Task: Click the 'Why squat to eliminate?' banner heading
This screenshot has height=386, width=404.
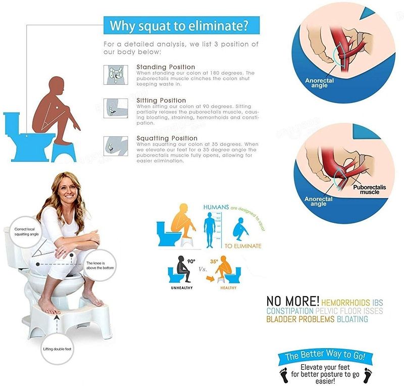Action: coord(181,25)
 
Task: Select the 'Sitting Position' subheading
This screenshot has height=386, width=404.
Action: coord(161,101)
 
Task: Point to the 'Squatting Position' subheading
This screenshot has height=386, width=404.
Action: coord(167,138)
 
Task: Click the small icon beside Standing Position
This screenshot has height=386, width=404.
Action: coord(116,74)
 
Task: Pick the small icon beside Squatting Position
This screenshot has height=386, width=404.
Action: coord(116,145)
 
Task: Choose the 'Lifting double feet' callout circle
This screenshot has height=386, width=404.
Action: coord(56,349)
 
